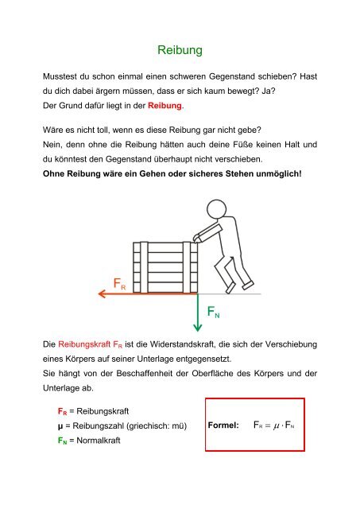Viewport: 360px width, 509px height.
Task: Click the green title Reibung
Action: click(180, 51)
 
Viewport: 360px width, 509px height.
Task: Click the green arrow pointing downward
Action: click(195, 310)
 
